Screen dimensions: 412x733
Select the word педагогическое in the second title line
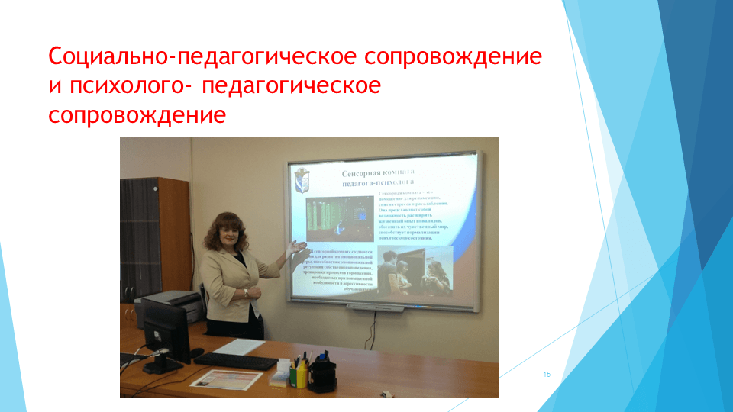[x=292, y=86]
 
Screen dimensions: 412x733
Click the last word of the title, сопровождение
[x=137, y=115]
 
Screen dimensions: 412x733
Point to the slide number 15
[x=547, y=374]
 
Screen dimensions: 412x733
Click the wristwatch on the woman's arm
[x=246, y=292]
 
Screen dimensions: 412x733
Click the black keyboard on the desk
[x=236, y=361]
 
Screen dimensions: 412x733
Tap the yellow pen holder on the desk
[x=301, y=373]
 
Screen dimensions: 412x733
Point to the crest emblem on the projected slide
[x=302, y=179]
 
